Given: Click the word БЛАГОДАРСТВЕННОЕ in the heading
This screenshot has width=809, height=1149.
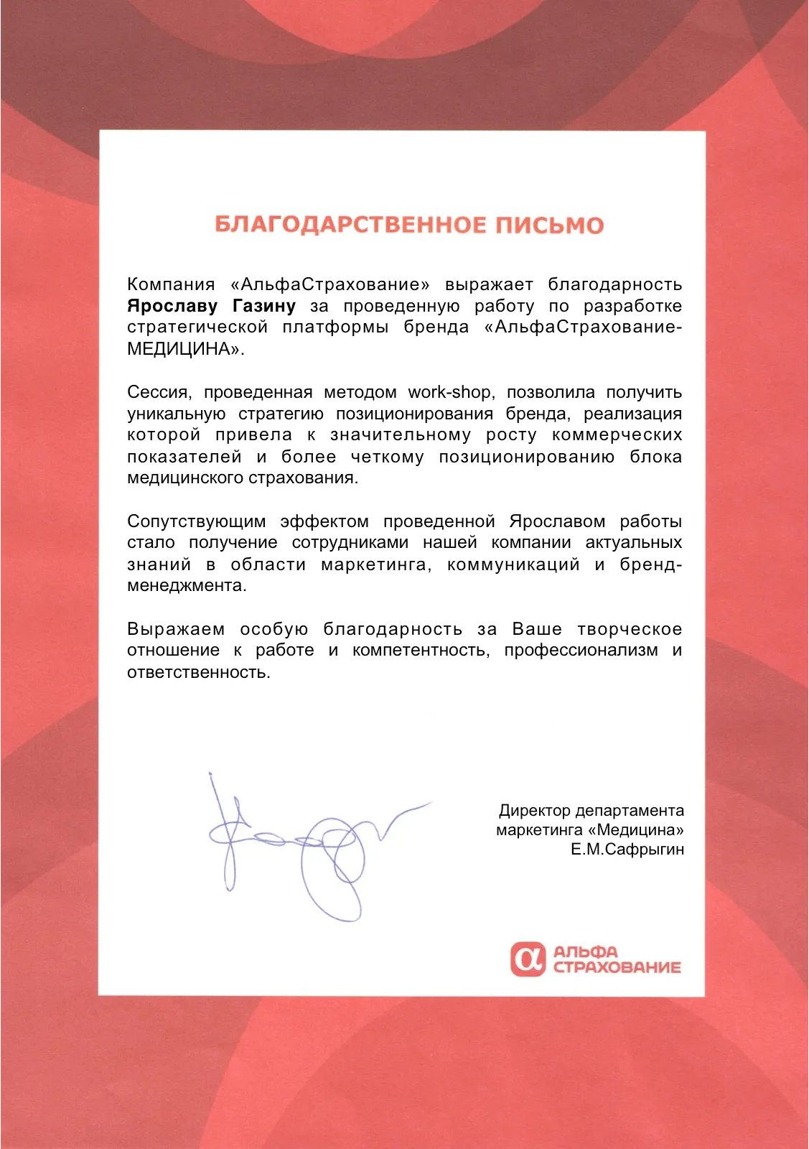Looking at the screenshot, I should tap(350, 225).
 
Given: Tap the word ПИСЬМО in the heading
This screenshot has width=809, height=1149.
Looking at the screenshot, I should tap(549, 225).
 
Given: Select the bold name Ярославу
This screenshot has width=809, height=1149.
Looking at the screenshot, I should tap(172, 306).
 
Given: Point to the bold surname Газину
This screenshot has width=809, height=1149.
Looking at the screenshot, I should tap(264, 306).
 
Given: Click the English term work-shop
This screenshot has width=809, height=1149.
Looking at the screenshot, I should tap(449, 392).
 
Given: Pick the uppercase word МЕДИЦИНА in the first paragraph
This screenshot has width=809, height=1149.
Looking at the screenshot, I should tap(183, 349).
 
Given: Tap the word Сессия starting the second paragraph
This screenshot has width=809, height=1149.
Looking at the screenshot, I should tap(159, 392).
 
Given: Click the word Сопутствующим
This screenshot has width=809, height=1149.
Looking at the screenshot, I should tap(196, 521).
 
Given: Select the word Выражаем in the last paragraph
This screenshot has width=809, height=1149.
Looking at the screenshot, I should tap(176, 629).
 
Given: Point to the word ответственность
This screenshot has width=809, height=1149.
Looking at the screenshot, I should tap(198, 672).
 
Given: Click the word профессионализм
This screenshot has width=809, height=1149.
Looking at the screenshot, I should tap(581, 651).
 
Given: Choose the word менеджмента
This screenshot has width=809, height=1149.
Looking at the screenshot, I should tap(186, 586).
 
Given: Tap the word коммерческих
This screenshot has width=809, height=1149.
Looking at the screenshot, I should tap(617, 435).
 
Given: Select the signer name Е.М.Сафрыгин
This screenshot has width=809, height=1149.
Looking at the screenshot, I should tap(627, 850).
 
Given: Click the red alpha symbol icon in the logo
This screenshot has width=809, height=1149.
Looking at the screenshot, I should tap(528, 959).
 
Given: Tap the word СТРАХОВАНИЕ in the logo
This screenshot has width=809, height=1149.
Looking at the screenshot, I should tap(617, 967).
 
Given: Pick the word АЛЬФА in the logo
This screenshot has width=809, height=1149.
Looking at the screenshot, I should tap(586, 952).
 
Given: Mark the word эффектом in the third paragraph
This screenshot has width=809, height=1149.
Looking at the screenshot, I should tap(324, 521).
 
